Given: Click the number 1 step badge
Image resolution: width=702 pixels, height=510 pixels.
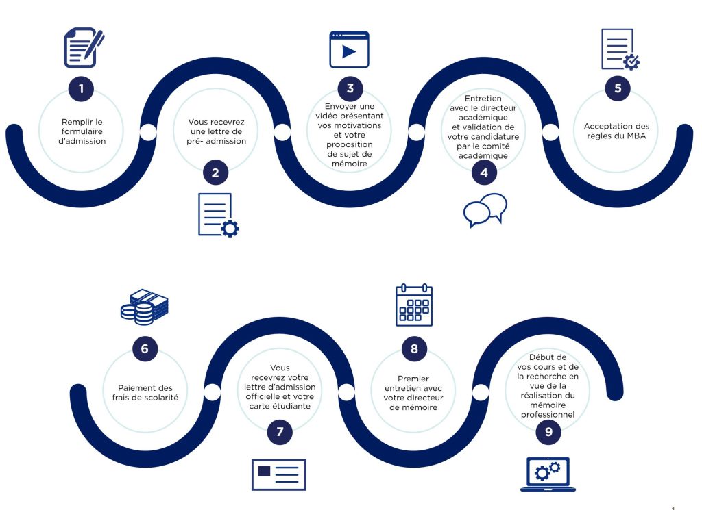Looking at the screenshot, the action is (x=81, y=88).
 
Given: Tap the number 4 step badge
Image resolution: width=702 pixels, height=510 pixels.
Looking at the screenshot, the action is (x=484, y=173).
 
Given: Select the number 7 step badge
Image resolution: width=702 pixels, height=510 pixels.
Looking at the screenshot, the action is (x=280, y=432).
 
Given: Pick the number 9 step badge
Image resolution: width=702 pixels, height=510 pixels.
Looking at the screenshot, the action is (x=548, y=432).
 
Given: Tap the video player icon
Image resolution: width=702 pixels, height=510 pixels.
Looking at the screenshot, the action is (x=349, y=49).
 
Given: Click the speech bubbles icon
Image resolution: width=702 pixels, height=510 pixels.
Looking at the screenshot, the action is (x=485, y=210).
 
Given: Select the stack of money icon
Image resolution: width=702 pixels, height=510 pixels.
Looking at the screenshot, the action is (x=144, y=307).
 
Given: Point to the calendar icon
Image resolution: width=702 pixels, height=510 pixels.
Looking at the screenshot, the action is (x=414, y=305).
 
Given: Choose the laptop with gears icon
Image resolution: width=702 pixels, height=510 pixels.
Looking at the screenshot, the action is (x=548, y=474).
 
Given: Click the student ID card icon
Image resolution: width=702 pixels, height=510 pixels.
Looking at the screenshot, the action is (x=279, y=474).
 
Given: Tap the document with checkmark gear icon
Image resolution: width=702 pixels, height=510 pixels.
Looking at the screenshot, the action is (x=620, y=49).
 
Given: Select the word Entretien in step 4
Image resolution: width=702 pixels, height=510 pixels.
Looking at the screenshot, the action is (x=483, y=99).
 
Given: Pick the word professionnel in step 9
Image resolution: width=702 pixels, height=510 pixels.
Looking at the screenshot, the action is (x=548, y=415).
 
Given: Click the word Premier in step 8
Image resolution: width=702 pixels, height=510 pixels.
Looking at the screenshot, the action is (x=413, y=379).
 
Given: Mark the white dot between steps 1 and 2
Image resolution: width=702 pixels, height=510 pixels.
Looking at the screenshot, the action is (x=148, y=132).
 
